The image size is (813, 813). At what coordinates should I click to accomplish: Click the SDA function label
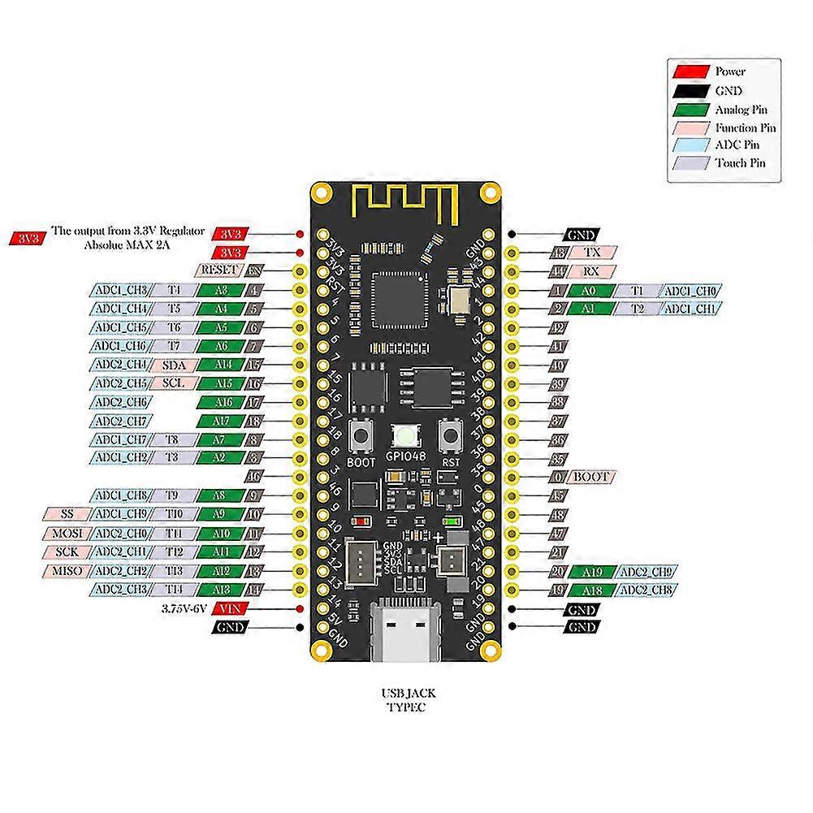[173, 365]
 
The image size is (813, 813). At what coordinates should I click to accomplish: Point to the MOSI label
[63, 534]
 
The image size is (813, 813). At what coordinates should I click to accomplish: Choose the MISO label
[63, 571]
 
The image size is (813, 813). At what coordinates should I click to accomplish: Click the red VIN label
[230, 608]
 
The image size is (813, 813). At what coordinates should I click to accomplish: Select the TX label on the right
[592, 253]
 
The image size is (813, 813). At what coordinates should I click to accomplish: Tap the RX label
[592, 271]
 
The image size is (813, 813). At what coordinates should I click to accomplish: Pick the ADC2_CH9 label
[647, 572]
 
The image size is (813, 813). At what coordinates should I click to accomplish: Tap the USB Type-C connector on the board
[404, 629]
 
